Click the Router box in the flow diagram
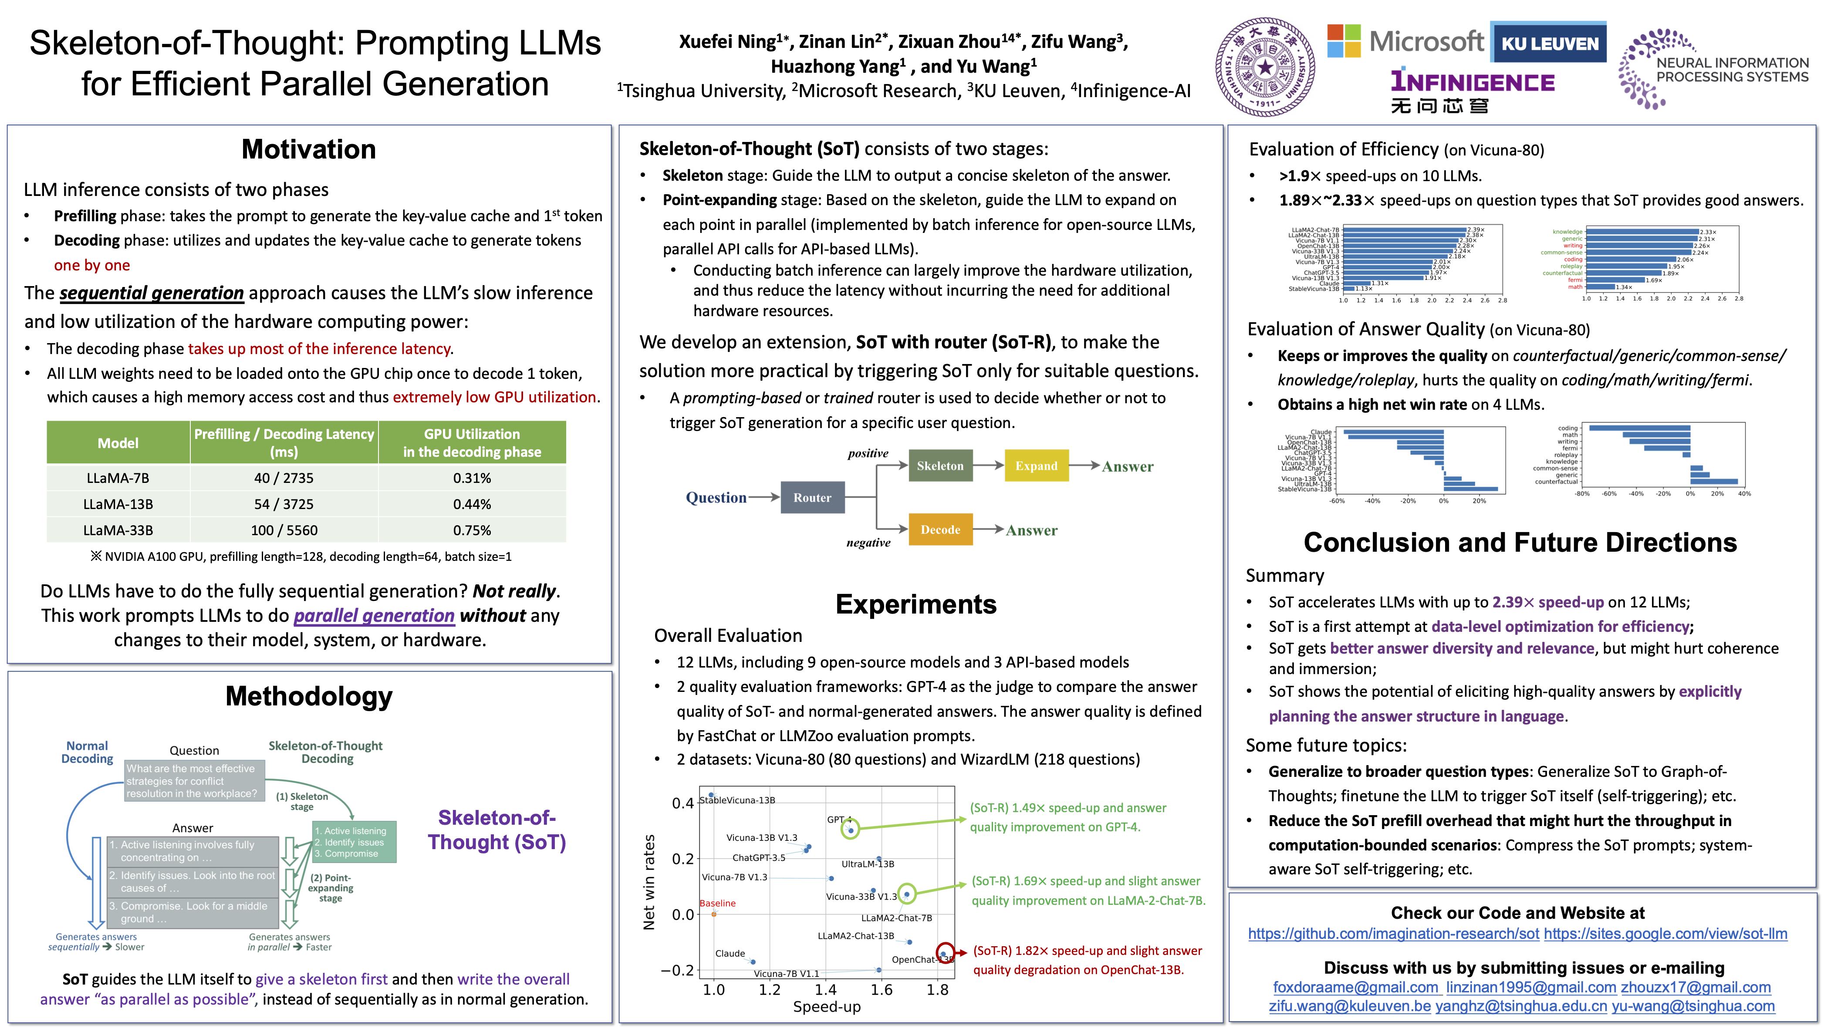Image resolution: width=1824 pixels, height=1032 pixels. [x=812, y=498]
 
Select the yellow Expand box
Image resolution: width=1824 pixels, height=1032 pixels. [x=1036, y=465]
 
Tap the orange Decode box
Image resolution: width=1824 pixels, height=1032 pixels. [x=940, y=529]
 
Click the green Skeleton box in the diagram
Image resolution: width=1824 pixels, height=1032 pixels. [x=940, y=465]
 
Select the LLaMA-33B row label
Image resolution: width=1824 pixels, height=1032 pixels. [x=118, y=530]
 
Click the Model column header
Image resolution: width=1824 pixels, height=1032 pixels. [x=118, y=443]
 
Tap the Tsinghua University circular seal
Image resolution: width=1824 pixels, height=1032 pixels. [x=1265, y=68]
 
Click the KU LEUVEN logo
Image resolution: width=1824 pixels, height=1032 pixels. [x=1549, y=43]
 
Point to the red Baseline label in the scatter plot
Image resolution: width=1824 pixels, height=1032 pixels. [x=717, y=903]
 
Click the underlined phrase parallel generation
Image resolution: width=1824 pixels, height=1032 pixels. [x=374, y=616]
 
